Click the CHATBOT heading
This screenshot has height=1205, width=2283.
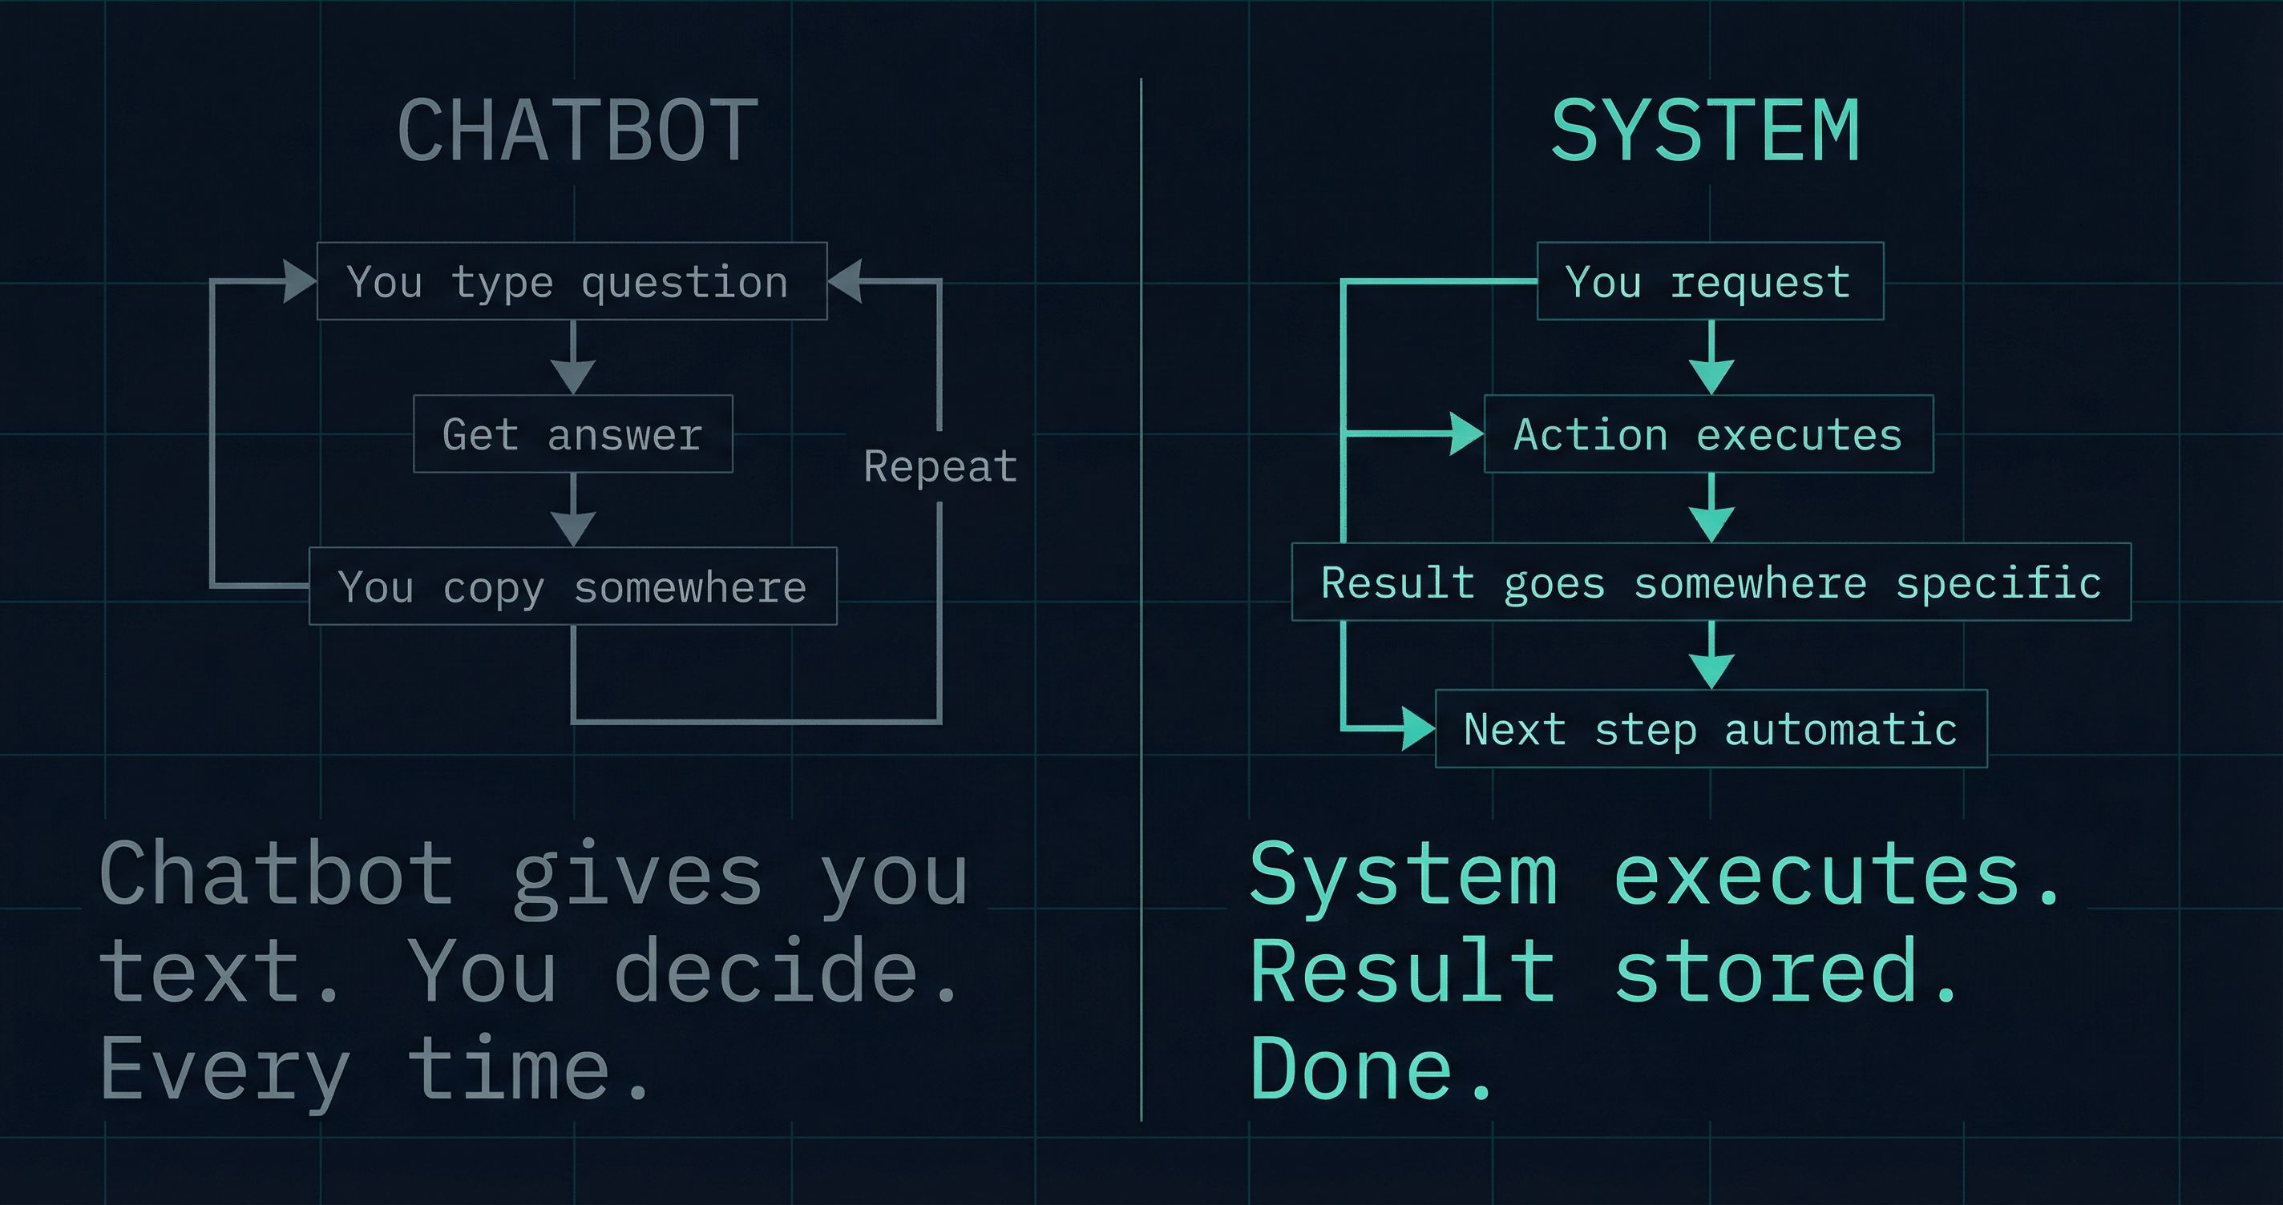tap(578, 131)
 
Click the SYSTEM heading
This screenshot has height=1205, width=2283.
tap(1705, 131)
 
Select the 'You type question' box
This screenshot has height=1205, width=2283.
tap(572, 281)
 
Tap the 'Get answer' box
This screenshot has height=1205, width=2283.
tap(572, 434)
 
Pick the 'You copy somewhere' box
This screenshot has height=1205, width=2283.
tap(572, 586)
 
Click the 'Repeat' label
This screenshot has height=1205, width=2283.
tap(940, 466)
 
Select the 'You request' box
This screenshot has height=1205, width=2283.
tap(1710, 281)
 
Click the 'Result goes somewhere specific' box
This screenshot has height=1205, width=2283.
tap(1711, 582)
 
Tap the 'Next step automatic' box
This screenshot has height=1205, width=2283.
tap(1711, 729)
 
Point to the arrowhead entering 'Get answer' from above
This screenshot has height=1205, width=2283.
tap(573, 376)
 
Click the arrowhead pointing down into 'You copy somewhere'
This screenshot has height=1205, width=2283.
tap(573, 528)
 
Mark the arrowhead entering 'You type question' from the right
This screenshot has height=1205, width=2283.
tap(846, 281)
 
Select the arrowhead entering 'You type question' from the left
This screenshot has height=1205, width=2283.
tap(300, 281)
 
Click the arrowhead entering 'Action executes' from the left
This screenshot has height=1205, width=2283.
tap(1466, 434)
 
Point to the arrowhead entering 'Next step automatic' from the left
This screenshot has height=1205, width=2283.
tap(1418, 729)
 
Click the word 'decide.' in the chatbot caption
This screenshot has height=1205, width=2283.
tap(787, 972)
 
